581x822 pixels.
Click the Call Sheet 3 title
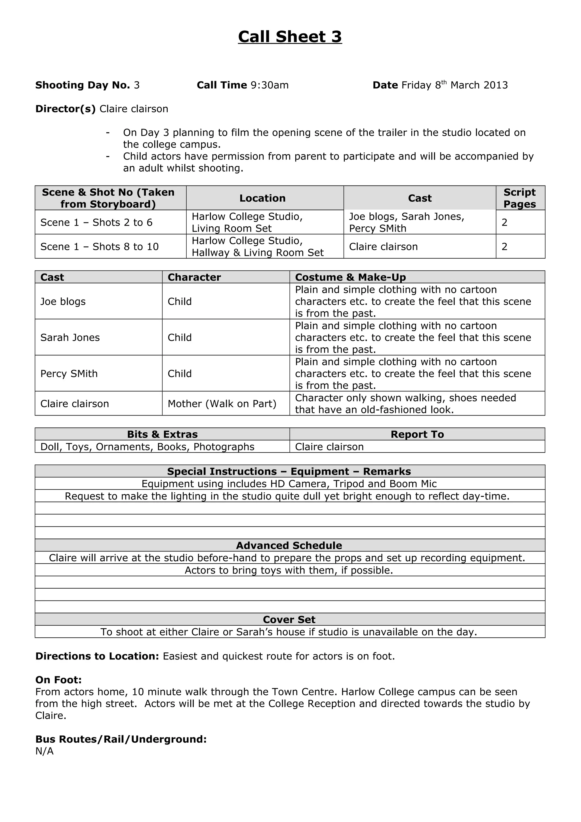coord(290,37)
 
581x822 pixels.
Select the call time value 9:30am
coord(270,85)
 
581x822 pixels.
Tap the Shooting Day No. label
coord(82,85)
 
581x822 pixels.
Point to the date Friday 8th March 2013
coord(454,85)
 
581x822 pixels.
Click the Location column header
coord(262,198)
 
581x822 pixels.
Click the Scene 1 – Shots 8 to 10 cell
coord(99,247)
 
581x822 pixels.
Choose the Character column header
coord(194,277)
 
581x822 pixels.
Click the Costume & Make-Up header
coord(350,277)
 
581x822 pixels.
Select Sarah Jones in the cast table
coord(70,338)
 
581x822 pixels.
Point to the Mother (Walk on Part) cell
coord(222,404)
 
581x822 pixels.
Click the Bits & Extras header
coord(162,434)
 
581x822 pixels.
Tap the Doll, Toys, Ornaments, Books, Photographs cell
coord(147,447)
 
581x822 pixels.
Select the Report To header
coord(417,434)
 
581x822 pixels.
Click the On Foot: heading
coord(58,680)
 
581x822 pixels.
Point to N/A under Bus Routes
coord(44,751)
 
